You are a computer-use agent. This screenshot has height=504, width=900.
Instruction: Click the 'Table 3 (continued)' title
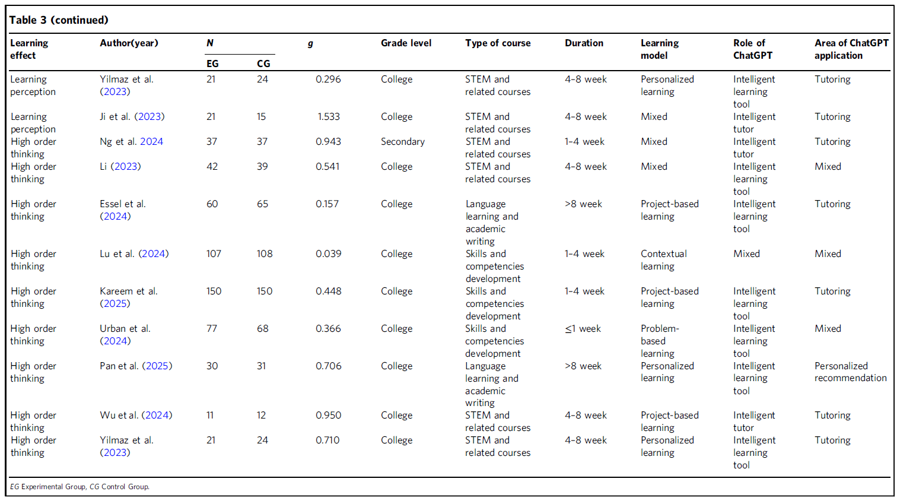click(59, 20)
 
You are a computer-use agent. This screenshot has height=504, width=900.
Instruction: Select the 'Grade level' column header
click(406, 43)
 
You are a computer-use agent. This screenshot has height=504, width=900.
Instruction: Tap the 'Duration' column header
click(584, 43)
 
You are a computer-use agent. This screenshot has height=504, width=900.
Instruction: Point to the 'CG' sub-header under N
click(263, 64)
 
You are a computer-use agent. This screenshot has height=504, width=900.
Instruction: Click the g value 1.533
click(329, 116)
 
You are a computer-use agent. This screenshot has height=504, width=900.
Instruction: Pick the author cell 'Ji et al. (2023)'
click(132, 116)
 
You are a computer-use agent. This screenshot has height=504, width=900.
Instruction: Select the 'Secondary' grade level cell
click(403, 141)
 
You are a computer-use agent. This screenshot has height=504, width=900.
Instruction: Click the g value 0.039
click(328, 253)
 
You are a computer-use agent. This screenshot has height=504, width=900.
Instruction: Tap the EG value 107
click(214, 253)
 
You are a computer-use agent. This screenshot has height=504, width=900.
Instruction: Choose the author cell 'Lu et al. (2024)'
click(134, 253)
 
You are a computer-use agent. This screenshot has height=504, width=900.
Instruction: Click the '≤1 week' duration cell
click(583, 329)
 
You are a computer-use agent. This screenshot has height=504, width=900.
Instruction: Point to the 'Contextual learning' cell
click(664, 260)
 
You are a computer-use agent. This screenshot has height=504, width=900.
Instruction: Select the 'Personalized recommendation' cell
click(851, 372)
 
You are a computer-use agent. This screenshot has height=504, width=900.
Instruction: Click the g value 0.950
click(328, 415)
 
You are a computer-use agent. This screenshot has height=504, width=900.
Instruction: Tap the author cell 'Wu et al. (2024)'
click(136, 415)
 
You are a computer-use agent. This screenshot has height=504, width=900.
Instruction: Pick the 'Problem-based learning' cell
click(660, 341)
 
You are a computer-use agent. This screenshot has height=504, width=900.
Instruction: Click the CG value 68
click(262, 328)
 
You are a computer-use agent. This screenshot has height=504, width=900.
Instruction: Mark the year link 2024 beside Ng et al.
click(151, 141)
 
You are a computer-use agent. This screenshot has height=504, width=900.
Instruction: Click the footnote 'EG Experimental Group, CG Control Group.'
click(79, 487)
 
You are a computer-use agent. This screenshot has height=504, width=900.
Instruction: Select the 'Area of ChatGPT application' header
click(851, 49)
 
